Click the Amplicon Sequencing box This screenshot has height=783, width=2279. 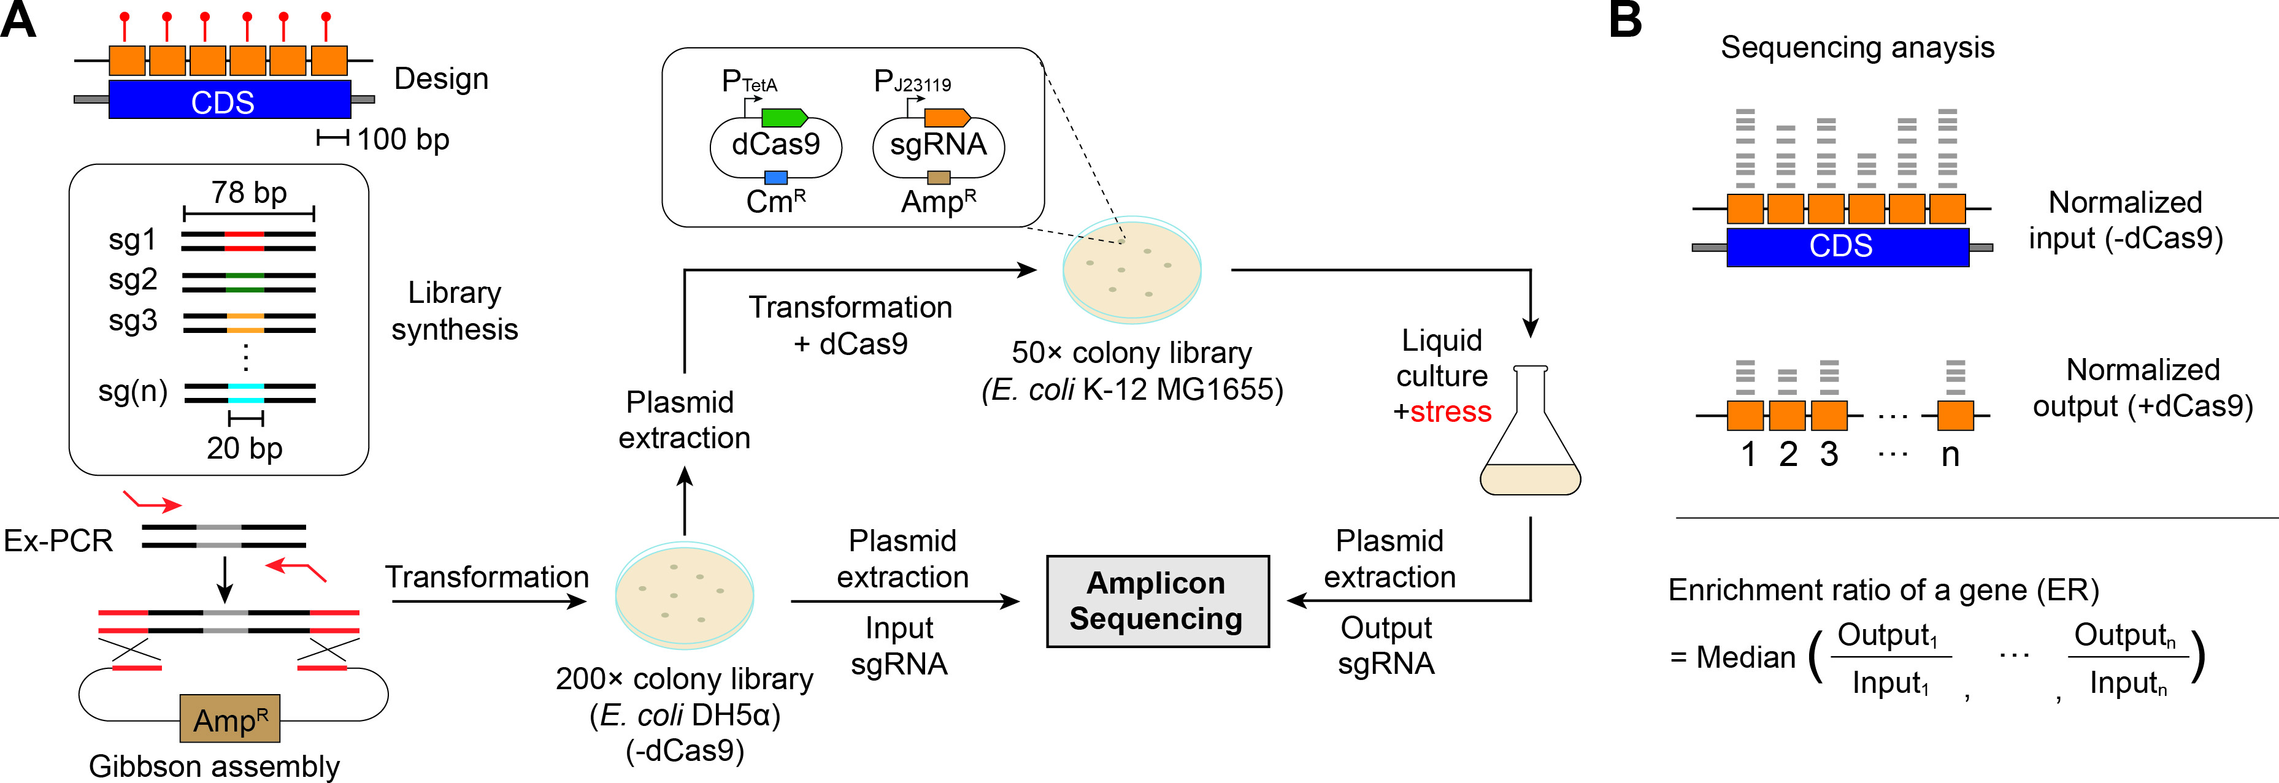point(1157,601)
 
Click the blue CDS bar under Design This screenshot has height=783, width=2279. point(229,100)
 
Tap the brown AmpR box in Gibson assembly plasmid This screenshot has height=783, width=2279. point(230,719)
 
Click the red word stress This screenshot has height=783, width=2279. point(1451,411)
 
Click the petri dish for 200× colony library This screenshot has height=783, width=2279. point(684,595)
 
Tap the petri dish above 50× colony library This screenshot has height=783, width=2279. point(1132,269)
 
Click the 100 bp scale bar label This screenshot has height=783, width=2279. point(404,139)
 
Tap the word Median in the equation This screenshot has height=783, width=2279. point(1745,657)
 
